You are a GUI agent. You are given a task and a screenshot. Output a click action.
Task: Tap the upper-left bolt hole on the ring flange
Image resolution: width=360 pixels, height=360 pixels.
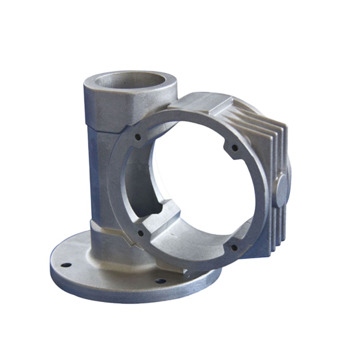click(138, 135)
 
